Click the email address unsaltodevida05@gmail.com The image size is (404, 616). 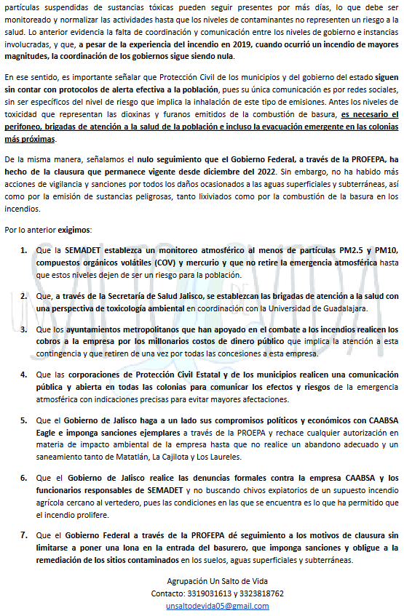tap(207, 606)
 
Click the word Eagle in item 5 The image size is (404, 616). tap(49, 431)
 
